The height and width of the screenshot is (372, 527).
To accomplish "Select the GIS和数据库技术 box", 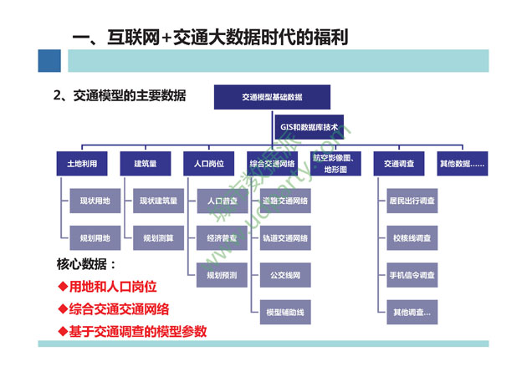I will [310, 127].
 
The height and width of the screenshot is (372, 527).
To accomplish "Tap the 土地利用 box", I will [82, 164].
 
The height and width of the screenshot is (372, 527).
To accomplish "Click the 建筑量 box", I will [146, 164].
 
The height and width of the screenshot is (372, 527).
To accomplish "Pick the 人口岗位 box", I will [209, 164].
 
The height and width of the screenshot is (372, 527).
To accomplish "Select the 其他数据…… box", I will [463, 164].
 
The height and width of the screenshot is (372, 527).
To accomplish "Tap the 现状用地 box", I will [95, 201].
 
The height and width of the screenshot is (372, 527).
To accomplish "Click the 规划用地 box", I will [95, 238].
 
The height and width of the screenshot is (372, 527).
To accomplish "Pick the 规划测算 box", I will [158, 238].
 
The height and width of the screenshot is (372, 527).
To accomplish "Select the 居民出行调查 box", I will [412, 201].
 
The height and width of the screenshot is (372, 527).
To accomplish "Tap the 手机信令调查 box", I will [412, 275].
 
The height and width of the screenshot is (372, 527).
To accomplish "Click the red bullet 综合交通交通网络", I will [125, 308].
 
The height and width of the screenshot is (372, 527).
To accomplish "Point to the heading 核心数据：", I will [86, 265].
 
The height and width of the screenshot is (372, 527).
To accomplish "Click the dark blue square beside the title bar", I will [49, 60].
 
